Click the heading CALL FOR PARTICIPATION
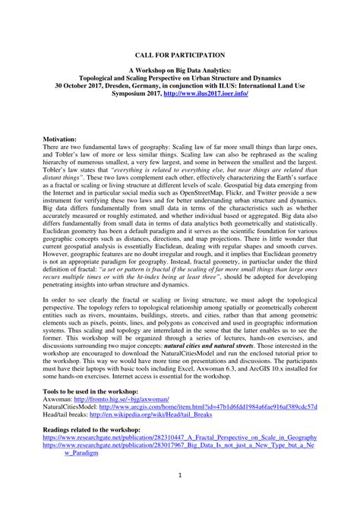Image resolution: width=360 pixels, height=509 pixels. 179,55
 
